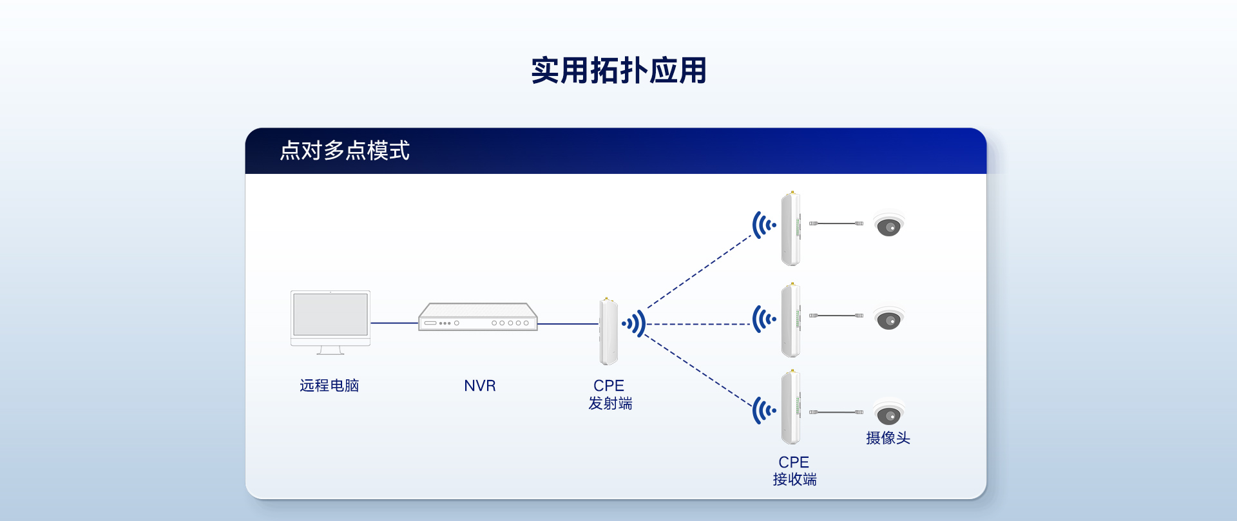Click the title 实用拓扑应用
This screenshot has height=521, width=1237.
pos(618,70)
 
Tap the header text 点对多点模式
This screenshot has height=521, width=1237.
pos(345,151)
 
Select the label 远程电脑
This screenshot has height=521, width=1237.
pos(329,386)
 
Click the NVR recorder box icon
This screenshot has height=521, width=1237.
pos(478,317)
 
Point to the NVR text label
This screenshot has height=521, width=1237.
pos(480,386)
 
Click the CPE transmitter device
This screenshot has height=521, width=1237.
pos(608,332)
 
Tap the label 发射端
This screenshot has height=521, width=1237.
pos(610,404)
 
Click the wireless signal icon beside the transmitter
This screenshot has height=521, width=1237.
pos(635,323)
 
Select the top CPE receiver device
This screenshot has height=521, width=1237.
pos(791,229)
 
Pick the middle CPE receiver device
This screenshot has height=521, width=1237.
pos(791,320)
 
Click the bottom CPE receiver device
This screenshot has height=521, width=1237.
pos(791,407)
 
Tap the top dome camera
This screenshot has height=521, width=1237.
pos(888,225)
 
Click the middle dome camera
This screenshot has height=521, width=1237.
pos(888,318)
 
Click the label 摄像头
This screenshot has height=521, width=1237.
pos(888,439)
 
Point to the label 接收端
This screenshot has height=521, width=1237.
pos(794,480)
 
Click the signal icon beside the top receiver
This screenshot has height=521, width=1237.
pos(763,225)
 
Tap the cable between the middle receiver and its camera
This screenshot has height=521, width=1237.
pos(836,316)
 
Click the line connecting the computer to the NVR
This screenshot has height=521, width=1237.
pos(394,323)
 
